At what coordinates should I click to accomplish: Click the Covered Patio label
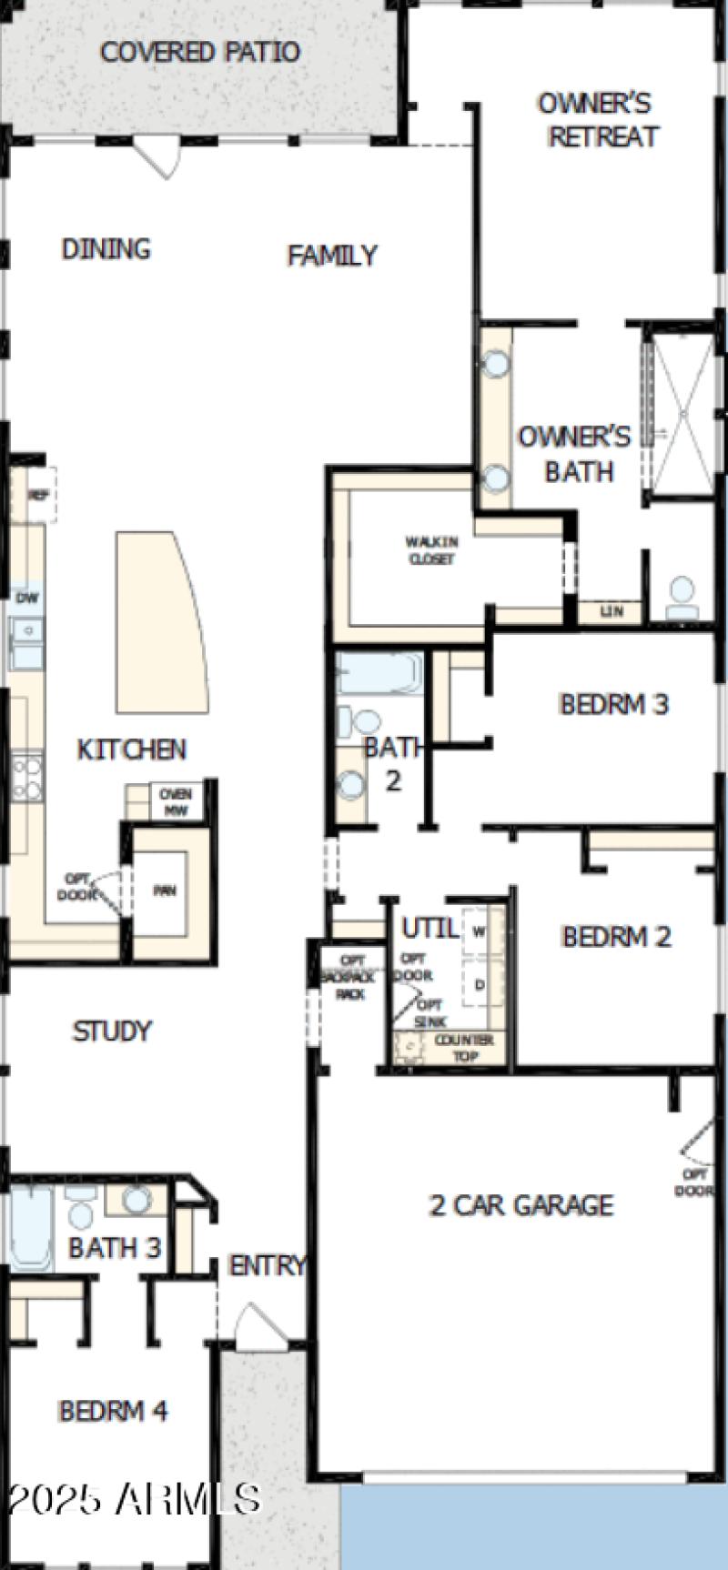pyautogui.click(x=199, y=52)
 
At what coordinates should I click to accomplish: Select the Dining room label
pyautogui.click(x=106, y=248)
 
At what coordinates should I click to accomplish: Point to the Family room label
pyautogui.click(x=332, y=256)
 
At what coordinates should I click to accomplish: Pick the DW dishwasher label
pyautogui.click(x=27, y=598)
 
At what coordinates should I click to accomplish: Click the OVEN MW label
pyautogui.click(x=175, y=801)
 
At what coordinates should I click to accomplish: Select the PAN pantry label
pyautogui.click(x=164, y=891)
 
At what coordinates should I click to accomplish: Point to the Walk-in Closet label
pyautogui.click(x=431, y=550)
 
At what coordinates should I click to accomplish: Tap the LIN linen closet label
pyautogui.click(x=612, y=611)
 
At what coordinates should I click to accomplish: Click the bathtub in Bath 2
pyautogui.click(x=379, y=674)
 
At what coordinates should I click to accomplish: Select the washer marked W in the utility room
pyautogui.click(x=479, y=931)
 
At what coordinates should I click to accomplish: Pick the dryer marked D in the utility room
pyautogui.click(x=479, y=984)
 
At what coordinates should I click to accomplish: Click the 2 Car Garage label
pyautogui.click(x=521, y=1205)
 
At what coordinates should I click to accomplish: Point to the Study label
pyautogui.click(x=112, y=1031)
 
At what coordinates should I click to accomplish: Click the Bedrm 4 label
pyautogui.click(x=113, y=1411)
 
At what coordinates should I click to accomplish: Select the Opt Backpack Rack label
pyautogui.click(x=351, y=977)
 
